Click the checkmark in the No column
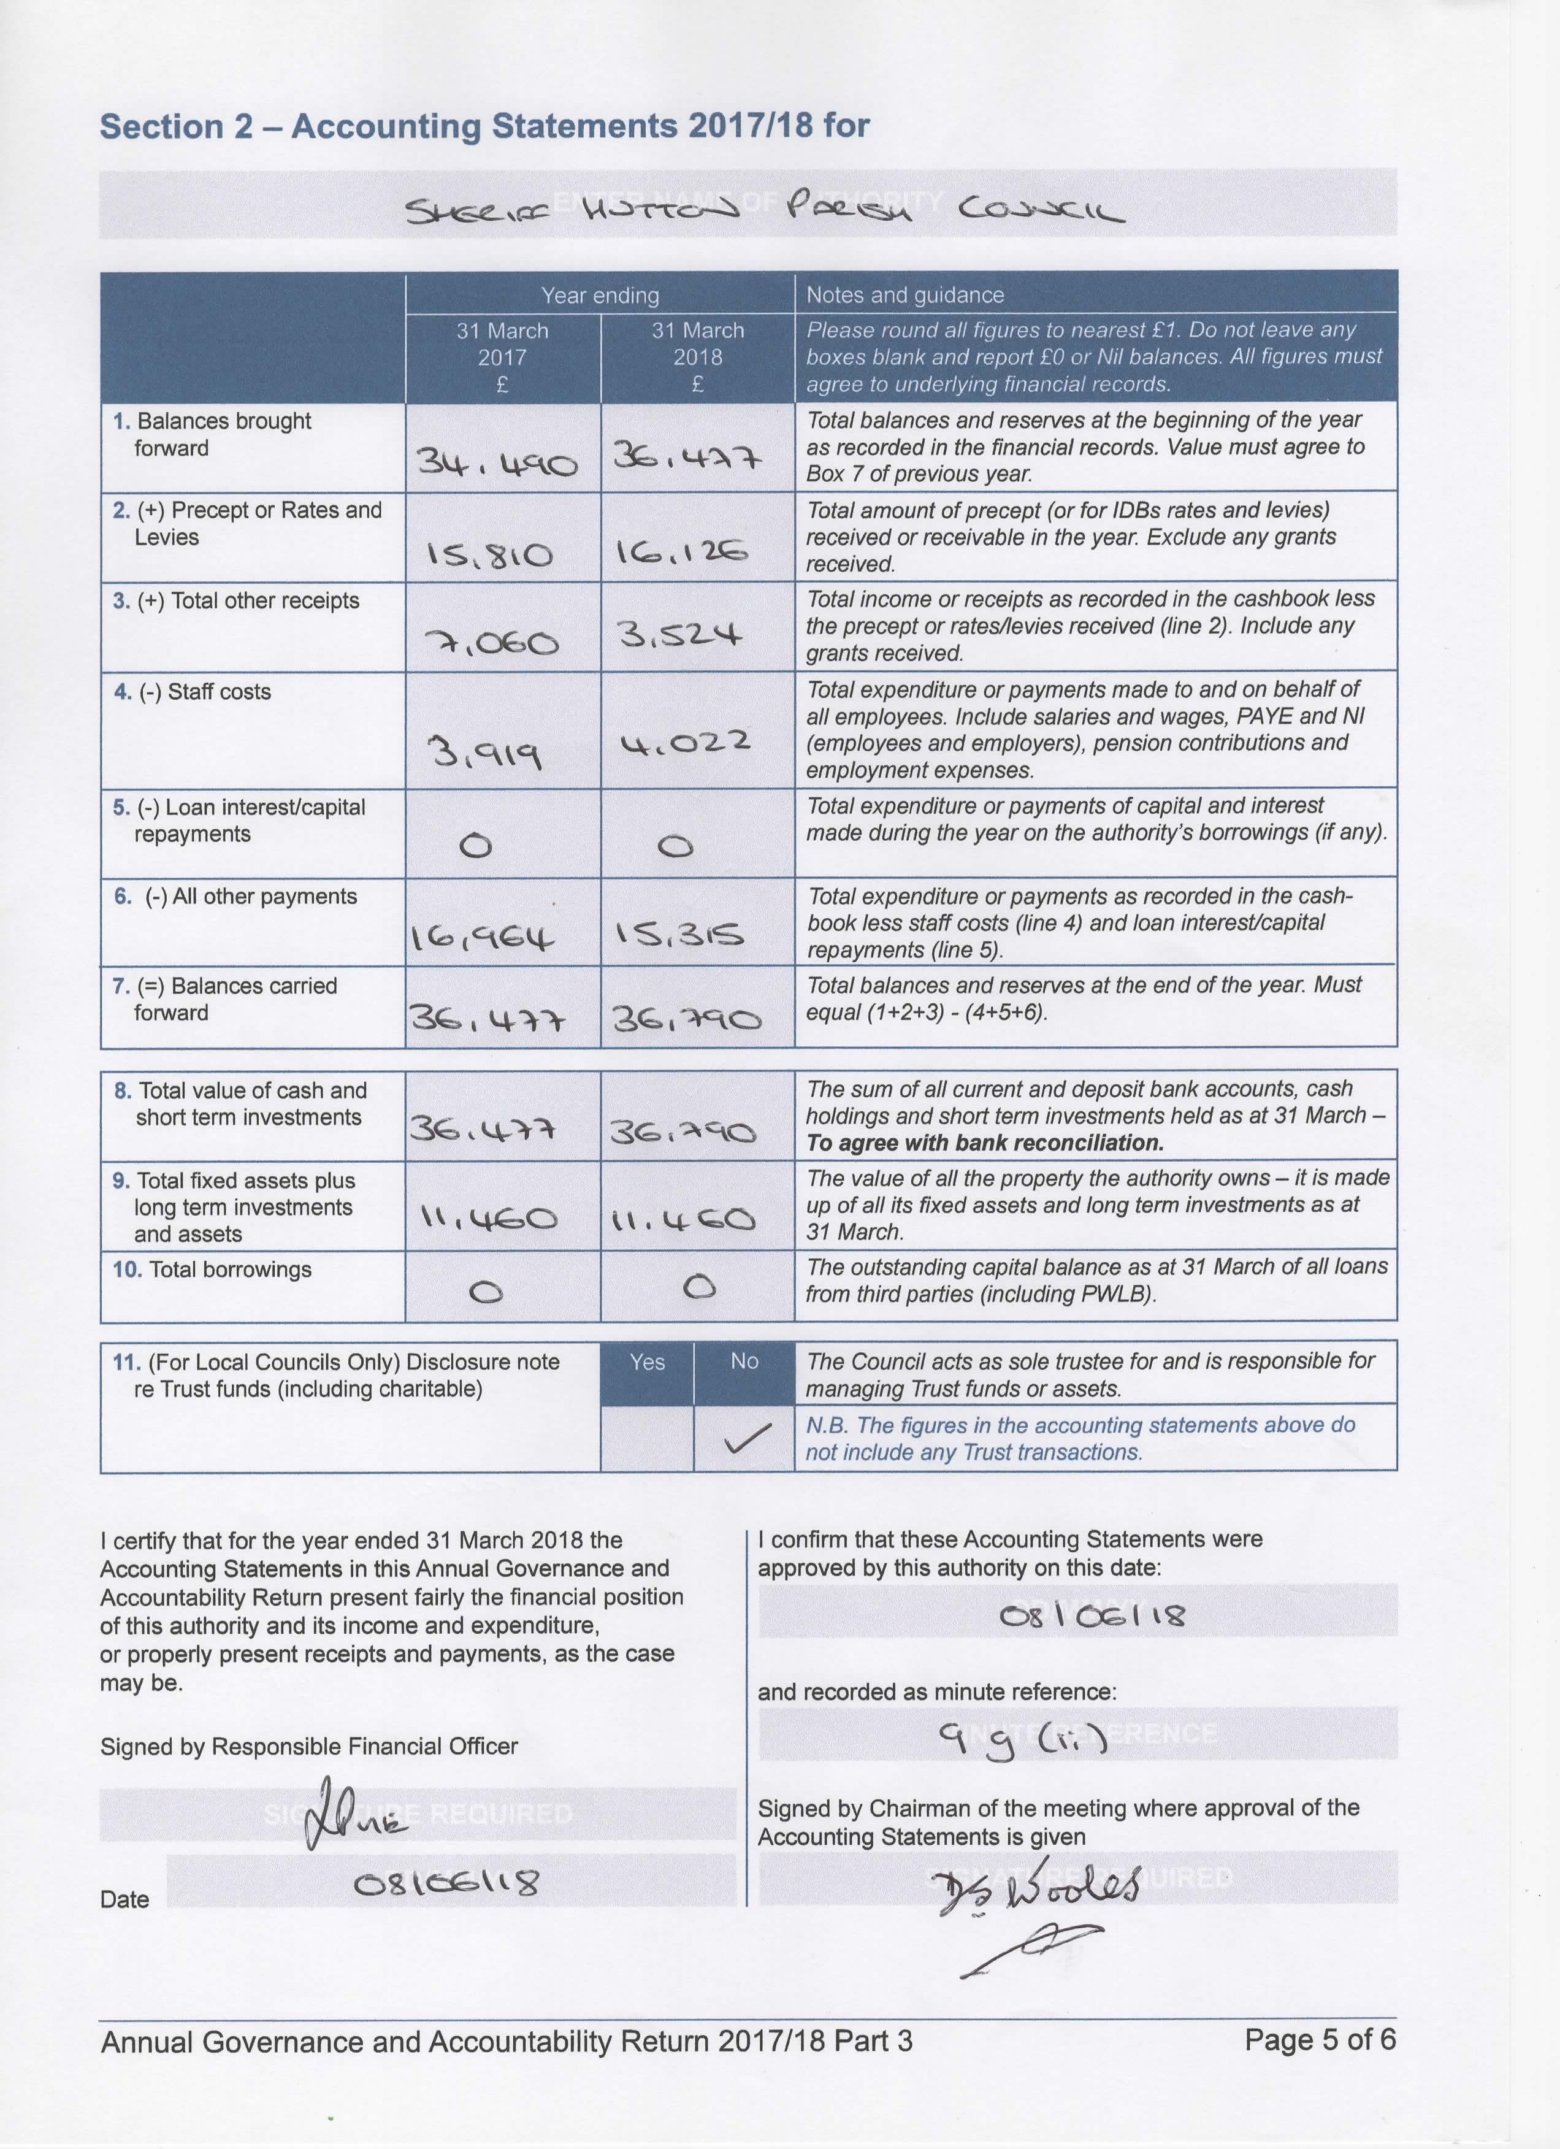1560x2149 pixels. tap(746, 1441)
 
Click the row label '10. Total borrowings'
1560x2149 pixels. tap(212, 1270)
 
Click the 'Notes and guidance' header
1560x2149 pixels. tap(904, 294)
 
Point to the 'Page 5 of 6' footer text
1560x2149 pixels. tap(1320, 2039)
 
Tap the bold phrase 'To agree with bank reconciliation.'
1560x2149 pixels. tap(985, 1143)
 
